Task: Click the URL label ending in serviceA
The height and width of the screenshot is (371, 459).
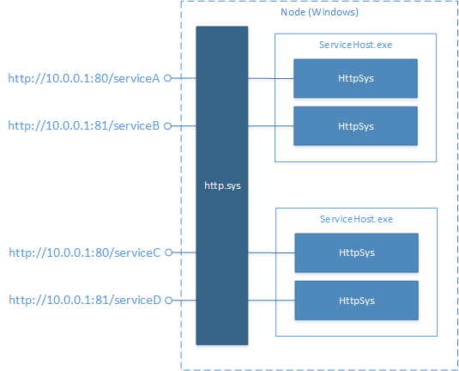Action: tap(84, 78)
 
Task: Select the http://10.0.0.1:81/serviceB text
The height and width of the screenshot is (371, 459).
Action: tap(84, 125)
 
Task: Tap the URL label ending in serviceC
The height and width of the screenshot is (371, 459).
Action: tap(84, 252)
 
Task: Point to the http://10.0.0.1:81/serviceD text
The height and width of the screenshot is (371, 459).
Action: tap(84, 300)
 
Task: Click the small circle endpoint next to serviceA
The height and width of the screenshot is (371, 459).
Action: tap(168, 78)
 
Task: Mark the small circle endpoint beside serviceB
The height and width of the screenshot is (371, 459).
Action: tap(168, 125)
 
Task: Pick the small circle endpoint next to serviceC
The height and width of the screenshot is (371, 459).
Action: tap(168, 252)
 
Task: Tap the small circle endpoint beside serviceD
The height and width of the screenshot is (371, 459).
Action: tap(168, 300)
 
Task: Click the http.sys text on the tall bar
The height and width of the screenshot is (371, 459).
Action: tap(221, 185)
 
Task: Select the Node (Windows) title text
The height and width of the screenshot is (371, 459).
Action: tap(319, 13)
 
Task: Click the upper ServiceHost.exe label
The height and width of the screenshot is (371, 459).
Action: tap(355, 45)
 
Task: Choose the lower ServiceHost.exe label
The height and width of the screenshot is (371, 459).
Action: tap(355, 219)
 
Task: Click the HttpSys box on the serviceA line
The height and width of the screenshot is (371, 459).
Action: tap(355, 78)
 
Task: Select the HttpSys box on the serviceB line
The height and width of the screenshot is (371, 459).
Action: tap(355, 125)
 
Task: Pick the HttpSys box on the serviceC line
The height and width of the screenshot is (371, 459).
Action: tap(356, 252)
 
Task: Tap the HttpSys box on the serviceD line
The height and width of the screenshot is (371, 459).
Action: tap(356, 300)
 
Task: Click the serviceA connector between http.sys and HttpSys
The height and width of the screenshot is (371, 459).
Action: tap(270, 78)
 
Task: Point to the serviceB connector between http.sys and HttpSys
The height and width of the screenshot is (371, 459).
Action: tap(270, 125)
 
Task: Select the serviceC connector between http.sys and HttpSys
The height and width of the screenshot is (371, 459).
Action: tap(271, 252)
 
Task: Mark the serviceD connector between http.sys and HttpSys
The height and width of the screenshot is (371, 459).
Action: tap(271, 300)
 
